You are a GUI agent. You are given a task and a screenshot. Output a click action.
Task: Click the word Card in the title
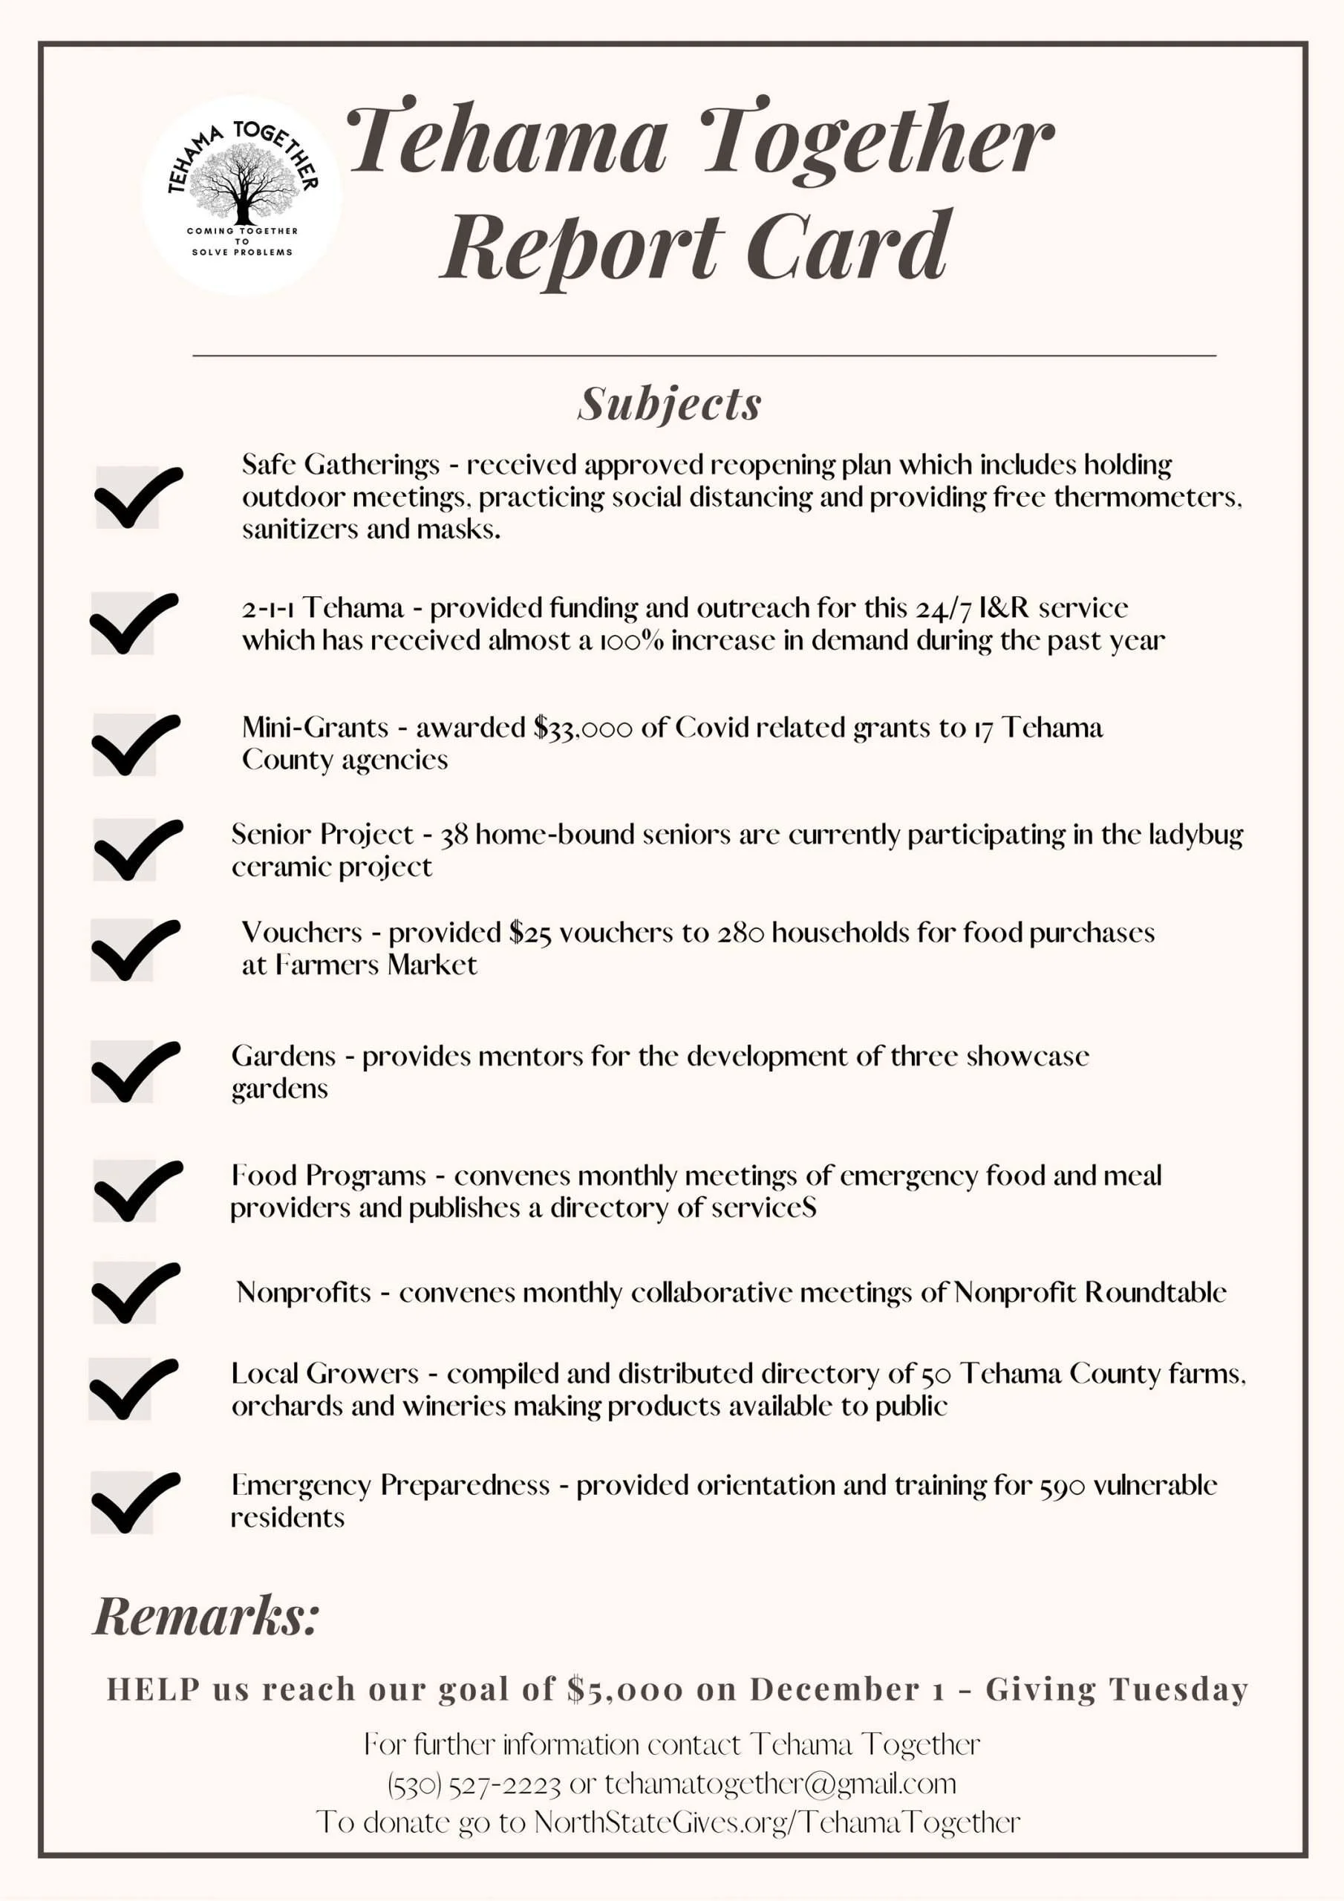coord(848,245)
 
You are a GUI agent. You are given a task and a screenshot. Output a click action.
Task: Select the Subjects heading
coord(669,404)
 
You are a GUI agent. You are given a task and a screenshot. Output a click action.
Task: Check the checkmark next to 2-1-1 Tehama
coord(131,624)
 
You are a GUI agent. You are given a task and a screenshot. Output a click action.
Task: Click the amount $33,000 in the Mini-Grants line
coord(582,728)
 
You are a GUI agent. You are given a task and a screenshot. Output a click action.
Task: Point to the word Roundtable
coord(1155,1292)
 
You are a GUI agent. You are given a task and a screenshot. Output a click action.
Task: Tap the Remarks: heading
coord(206,1615)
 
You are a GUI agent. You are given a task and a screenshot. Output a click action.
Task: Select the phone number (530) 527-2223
coord(474,1784)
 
